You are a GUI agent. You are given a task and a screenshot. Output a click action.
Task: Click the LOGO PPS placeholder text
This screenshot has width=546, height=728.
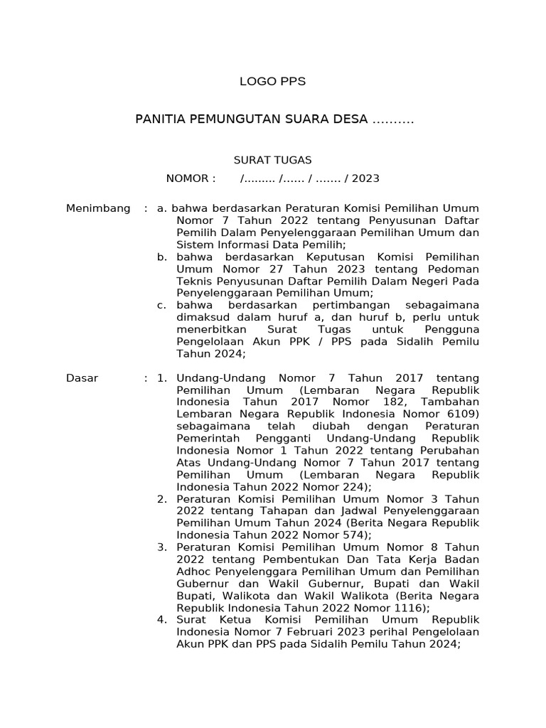(x=272, y=82)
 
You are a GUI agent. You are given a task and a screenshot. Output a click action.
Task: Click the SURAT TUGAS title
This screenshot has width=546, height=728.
(x=273, y=161)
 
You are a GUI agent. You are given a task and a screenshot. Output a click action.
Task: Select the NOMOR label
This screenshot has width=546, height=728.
(x=191, y=178)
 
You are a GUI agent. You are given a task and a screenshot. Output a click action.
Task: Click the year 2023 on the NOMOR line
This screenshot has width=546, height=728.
(x=365, y=178)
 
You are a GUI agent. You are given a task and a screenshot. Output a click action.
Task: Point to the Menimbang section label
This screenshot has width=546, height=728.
(x=98, y=208)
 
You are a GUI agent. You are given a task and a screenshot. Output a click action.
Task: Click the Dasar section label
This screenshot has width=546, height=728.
(x=82, y=378)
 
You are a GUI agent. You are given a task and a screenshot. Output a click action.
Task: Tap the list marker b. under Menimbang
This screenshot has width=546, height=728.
(x=162, y=257)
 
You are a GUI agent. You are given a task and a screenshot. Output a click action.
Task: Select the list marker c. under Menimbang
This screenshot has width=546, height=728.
(x=162, y=305)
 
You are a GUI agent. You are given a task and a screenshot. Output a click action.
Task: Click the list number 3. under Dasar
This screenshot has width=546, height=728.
(x=162, y=547)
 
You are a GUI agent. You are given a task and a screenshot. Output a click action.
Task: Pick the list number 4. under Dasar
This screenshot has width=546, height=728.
(x=162, y=620)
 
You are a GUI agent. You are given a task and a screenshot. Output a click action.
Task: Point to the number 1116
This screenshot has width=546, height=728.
(x=411, y=608)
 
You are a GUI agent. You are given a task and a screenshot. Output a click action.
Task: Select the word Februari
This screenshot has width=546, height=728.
(x=309, y=632)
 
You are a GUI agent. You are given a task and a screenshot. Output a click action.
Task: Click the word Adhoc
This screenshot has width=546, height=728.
(x=193, y=572)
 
